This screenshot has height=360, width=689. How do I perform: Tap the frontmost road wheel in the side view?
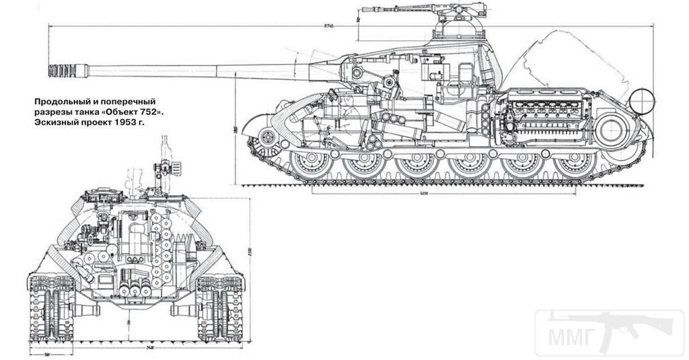point(312,164)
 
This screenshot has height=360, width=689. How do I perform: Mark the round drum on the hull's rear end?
point(641,101)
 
